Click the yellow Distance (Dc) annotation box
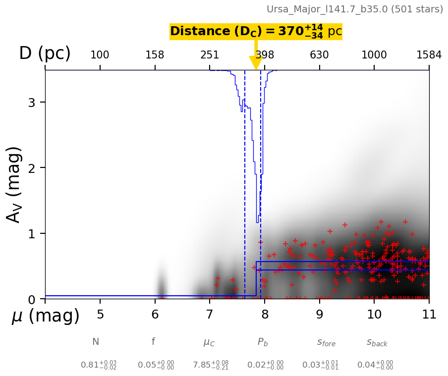(256, 31)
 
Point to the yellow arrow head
(256, 63)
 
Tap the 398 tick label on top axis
(265, 55)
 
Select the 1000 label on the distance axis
(374, 55)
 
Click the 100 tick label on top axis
(100, 55)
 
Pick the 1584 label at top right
(429, 55)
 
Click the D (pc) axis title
(45, 53)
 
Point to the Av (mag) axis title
(14, 185)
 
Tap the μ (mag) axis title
(46, 316)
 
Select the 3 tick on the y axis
(32, 102)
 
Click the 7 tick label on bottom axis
(210, 314)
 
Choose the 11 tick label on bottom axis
(429, 314)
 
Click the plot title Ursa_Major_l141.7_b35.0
(327, 9)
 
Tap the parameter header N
(96, 341)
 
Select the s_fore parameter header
(326, 342)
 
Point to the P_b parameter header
(263, 342)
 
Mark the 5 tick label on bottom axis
(100, 314)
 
